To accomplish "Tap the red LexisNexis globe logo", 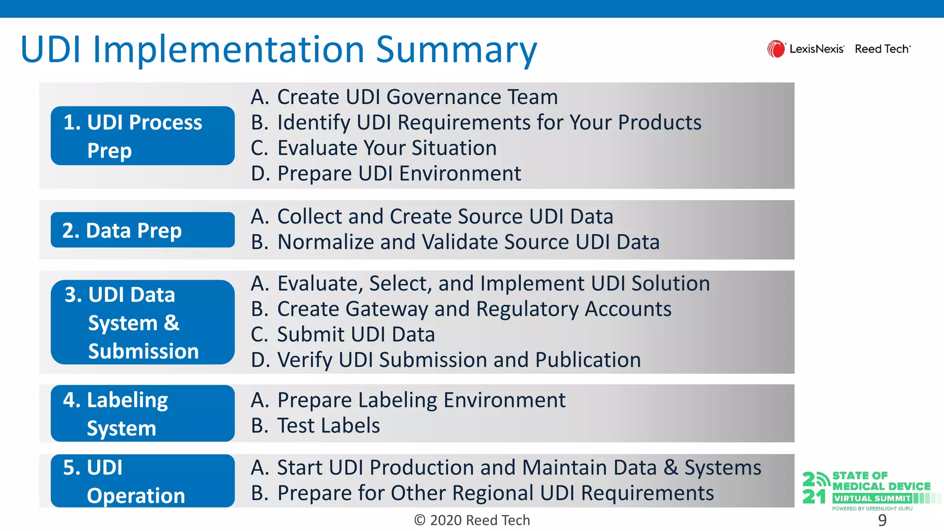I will click(x=776, y=49).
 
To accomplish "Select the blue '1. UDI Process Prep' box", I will click(x=142, y=136).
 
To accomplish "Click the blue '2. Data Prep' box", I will click(x=142, y=230).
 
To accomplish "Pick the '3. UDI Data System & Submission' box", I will click(x=142, y=322).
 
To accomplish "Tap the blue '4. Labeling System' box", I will click(x=142, y=413).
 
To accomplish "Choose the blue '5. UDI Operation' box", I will click(x=142, y=481).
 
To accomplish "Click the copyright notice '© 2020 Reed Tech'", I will click(x=472, y=520).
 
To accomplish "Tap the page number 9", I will click(x=882, y=520).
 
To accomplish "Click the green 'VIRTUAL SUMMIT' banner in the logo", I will click(x=872, y=498).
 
